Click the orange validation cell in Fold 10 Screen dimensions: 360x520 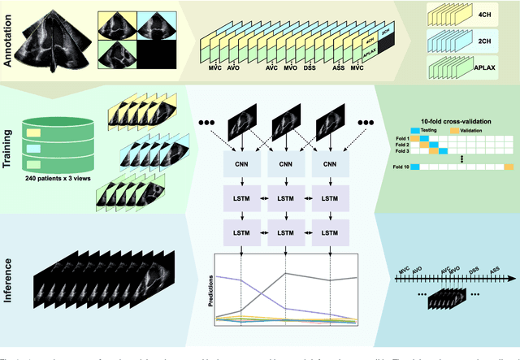click(509, 167)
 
